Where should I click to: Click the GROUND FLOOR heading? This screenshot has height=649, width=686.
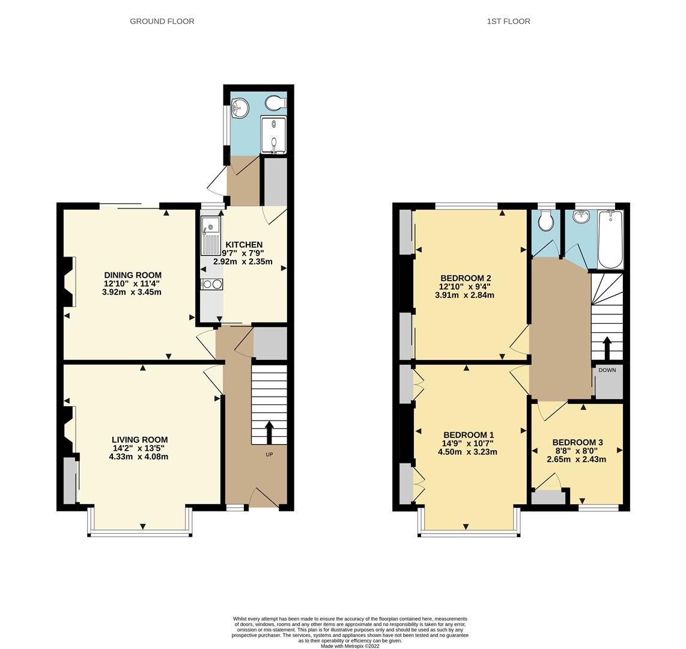coord(162,21)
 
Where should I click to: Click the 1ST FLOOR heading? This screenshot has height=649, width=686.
coord(508,21)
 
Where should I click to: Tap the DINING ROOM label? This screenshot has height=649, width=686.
coord(133,275)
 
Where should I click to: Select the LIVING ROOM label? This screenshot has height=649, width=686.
coord(139,439)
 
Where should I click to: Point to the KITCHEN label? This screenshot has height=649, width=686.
coord(243,245)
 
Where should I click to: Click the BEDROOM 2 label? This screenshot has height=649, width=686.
coord(466,278)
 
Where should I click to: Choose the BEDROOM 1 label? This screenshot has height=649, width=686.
coord(469,435)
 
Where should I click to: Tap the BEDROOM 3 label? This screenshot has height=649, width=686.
coord(577,442)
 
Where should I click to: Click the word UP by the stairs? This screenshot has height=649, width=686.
coord(269,454)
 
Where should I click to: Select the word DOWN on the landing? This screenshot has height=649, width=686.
coord(607,370)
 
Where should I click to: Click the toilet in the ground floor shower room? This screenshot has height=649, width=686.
coord(276,103)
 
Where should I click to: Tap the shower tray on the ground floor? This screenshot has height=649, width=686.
coord(273,135)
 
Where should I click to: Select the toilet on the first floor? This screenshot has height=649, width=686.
coord(545,221)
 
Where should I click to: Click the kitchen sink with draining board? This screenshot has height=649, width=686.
coord(211,235)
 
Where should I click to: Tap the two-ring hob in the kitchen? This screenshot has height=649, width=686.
coord(211,284)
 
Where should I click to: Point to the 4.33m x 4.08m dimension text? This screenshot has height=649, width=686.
coord(138,457)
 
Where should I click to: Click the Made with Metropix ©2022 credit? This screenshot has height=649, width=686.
coord(350,647)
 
